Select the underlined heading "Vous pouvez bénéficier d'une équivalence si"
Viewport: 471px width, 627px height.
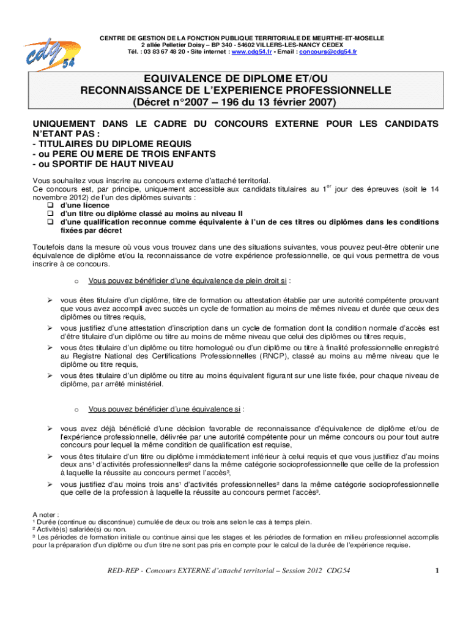[x=164, y=408]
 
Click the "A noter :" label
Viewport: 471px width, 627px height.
[x=46, y=514]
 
